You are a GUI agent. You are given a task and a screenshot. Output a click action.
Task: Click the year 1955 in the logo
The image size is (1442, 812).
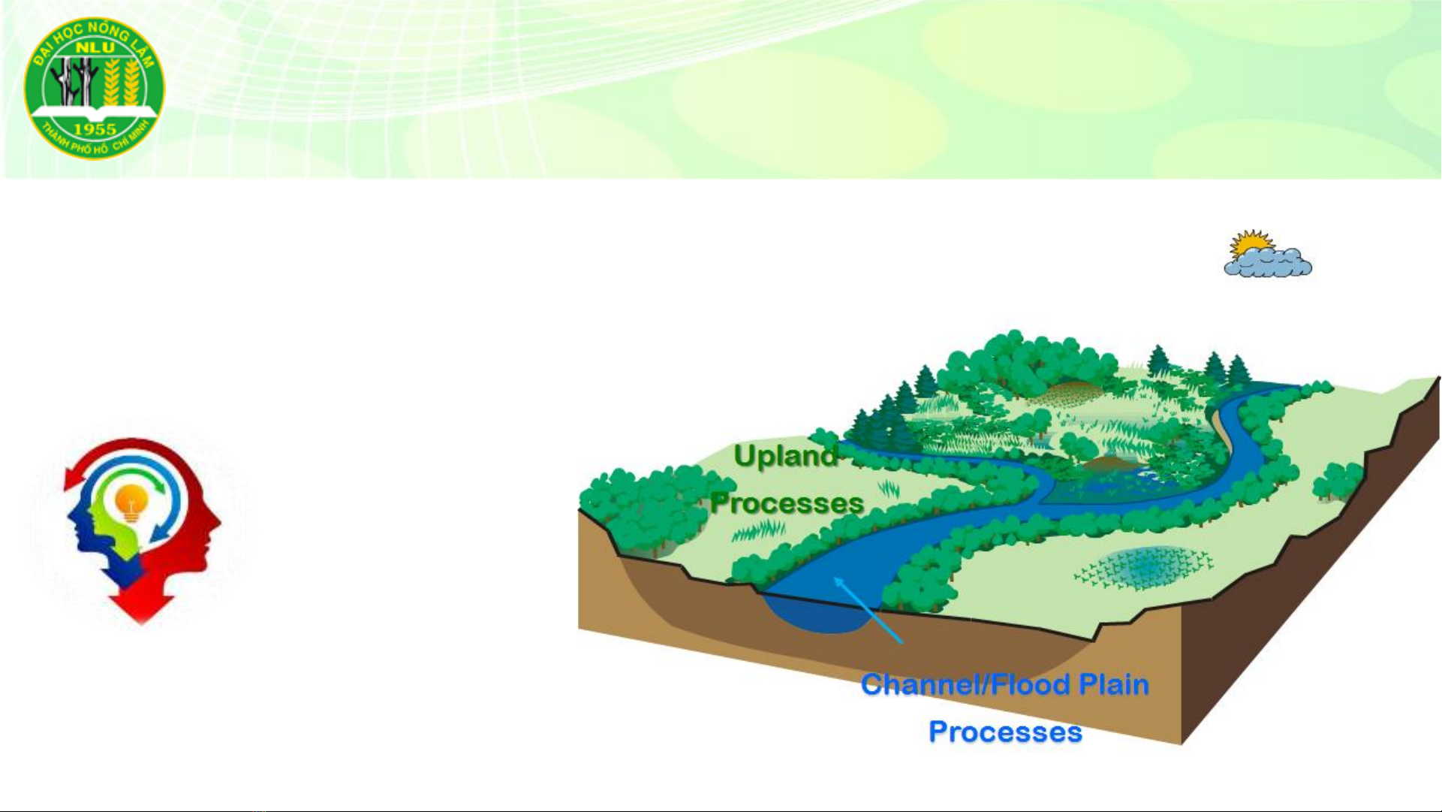95,129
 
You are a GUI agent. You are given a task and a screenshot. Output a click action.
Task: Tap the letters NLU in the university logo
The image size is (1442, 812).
95,47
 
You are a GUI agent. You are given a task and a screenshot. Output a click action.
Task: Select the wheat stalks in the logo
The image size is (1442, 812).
121,81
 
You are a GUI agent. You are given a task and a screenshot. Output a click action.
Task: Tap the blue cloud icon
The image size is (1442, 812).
1269,262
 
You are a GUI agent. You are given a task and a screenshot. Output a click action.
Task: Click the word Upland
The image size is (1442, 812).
785,456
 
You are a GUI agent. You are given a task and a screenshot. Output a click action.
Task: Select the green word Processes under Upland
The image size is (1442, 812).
787,503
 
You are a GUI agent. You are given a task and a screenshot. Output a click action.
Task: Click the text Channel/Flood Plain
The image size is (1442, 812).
1005,685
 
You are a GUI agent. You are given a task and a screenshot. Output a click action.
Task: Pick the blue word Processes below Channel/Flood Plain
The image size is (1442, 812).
1005,732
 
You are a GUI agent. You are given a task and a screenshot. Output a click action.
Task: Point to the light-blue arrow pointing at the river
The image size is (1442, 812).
868,610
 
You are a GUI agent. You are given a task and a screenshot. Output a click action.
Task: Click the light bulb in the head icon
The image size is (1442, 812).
131,502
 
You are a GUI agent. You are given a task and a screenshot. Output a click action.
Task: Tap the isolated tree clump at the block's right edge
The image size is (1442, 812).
1338,481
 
